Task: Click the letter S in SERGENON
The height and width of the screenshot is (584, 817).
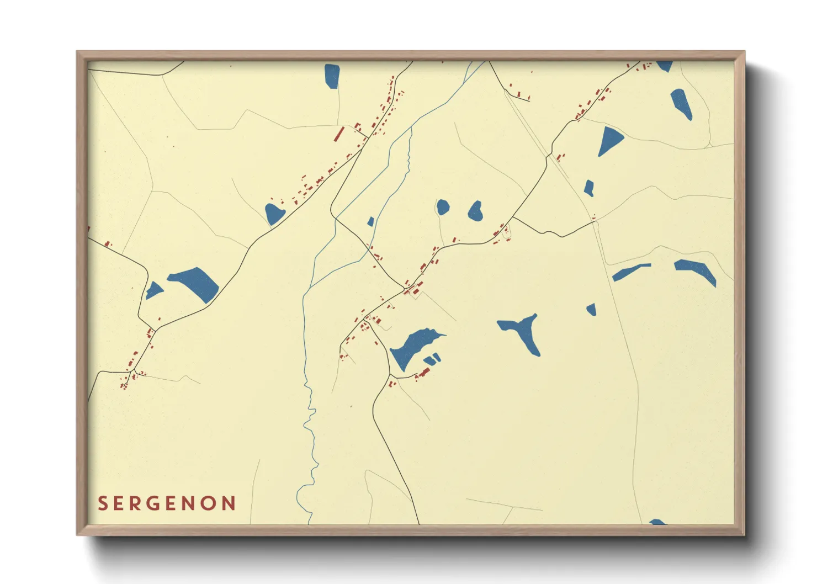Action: pyautogui.click(x=103, y=503)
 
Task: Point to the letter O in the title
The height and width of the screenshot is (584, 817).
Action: pyautogui.click(x=208, y=503)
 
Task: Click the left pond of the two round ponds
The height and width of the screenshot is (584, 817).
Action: pyautogui.click(x=443, y=207)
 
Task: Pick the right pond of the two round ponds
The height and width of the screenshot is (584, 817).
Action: pyautogui.click(x=475, y=210)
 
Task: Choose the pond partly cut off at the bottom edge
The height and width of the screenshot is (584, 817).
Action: pyautogui.click(x=657, y=522)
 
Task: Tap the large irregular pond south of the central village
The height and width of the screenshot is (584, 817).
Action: pyautogui.click(x=412, y=346)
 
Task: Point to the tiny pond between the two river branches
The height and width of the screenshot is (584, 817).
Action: pyautogui.click(x=371, y=222)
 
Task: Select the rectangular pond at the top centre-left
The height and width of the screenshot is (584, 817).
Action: pyautogui.click(x=332, y=76)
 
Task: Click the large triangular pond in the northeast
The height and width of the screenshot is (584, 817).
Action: pyautogui.click(x=609, y=141)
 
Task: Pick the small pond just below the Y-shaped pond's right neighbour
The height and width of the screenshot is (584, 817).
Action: pyautogui.click(x=591, y=309)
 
